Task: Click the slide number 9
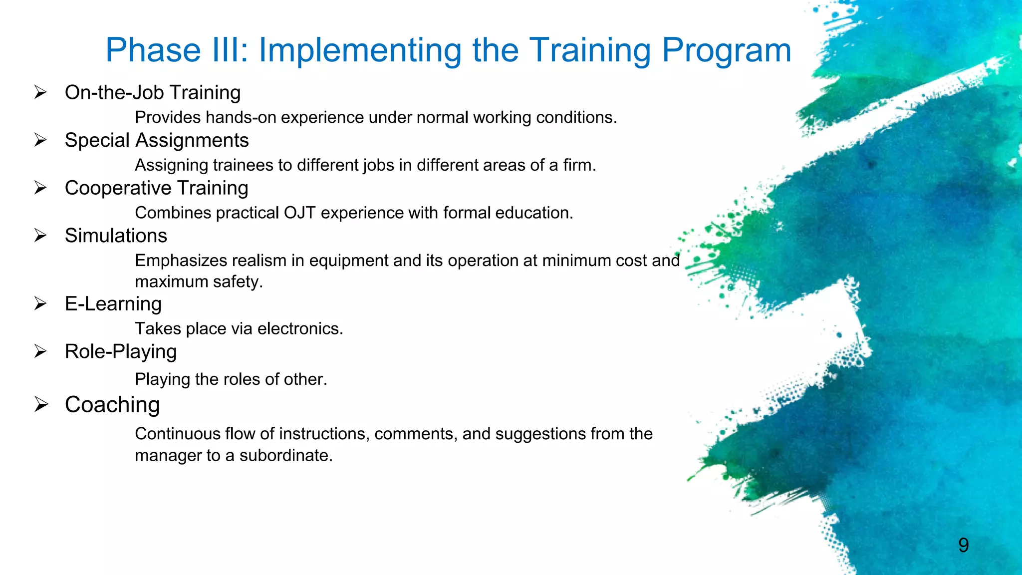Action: (x=963, y=545)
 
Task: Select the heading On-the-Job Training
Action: (x=153, y=93)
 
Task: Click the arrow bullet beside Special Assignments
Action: (x=40, y=140)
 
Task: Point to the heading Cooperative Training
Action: (x=156, y=188)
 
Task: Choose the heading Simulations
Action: (x=116, y=236)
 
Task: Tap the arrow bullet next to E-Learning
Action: (x=40, y=303)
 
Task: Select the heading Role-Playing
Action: (x=121, y=352)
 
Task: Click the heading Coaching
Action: (x=112, y=405)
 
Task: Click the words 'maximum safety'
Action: (x=198, y=282)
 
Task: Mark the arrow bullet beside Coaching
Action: (x=41, y=404)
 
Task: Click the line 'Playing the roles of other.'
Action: (x=231, y=379)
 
